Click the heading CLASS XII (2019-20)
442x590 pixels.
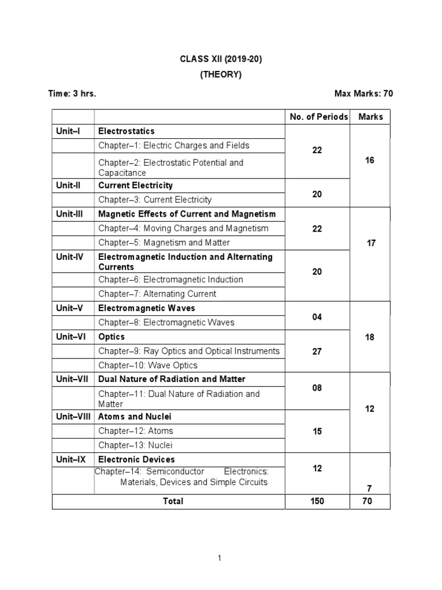point(221,59)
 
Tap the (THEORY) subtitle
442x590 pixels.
point(221,74)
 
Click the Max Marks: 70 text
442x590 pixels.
point(364,93)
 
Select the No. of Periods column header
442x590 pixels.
point(319,117)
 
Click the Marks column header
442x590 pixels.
point(371,117)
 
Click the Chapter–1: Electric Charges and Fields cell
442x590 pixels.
point(174,146)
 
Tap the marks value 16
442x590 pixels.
point(369,160)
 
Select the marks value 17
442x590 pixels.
point(371,243)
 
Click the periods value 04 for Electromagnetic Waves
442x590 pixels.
point(317,317)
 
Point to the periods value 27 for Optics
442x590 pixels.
point(317,351)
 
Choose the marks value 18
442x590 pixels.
point(369,337)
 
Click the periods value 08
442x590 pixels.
point(317,388)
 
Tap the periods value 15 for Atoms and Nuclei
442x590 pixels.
point(317,431)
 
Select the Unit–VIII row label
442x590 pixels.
point(73,417)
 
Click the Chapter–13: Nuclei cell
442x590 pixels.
point(135,445)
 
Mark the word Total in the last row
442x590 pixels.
point(173,501)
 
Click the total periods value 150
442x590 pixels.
point(317,501)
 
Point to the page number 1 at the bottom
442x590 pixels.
point(219,558)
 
